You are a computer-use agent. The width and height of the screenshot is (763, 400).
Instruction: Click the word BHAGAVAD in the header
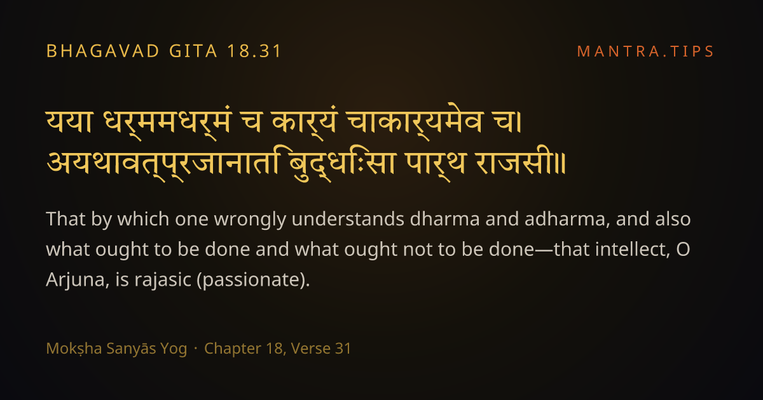tap(102, 51)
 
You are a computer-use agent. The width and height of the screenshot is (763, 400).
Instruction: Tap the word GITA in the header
tap(193, 51)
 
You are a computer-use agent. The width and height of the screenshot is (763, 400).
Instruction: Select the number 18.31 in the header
tap(254, 51)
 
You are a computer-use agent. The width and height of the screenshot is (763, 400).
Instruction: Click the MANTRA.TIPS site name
tap(645, 51)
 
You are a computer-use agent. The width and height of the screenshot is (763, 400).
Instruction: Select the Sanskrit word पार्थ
tap(436, 163)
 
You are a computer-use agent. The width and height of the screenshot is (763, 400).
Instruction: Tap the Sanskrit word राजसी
tap(514, 161)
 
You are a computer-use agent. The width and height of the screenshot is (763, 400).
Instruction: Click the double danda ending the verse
tap(561, 164)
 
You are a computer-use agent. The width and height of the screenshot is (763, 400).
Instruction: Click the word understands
tap(348, 218)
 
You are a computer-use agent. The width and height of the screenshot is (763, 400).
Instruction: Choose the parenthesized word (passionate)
tap(254, 280)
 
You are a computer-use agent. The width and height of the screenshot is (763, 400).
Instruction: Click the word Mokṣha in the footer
tap(74, 349)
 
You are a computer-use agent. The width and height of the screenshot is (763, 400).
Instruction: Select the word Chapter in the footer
tap(232, 349)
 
